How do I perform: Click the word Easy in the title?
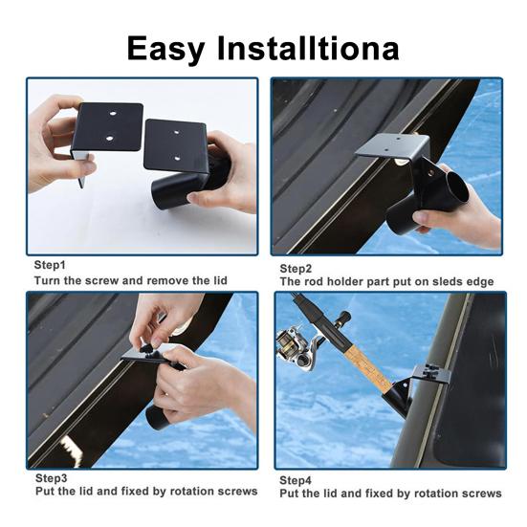click(166, 49)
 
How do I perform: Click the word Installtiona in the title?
click(308, 48)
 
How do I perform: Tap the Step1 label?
click(50, 265)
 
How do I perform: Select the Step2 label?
click(296, 269)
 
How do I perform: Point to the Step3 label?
click(51, 478)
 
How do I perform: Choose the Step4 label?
click(296, 481)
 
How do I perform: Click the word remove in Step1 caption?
click(167, 280)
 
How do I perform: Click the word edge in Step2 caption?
click(479, 282)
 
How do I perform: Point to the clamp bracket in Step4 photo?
click(431, 373)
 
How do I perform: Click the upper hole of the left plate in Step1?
click(113, 114)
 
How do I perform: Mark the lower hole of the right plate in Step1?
click(177, 158)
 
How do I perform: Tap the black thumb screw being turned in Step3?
click(147, 349)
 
